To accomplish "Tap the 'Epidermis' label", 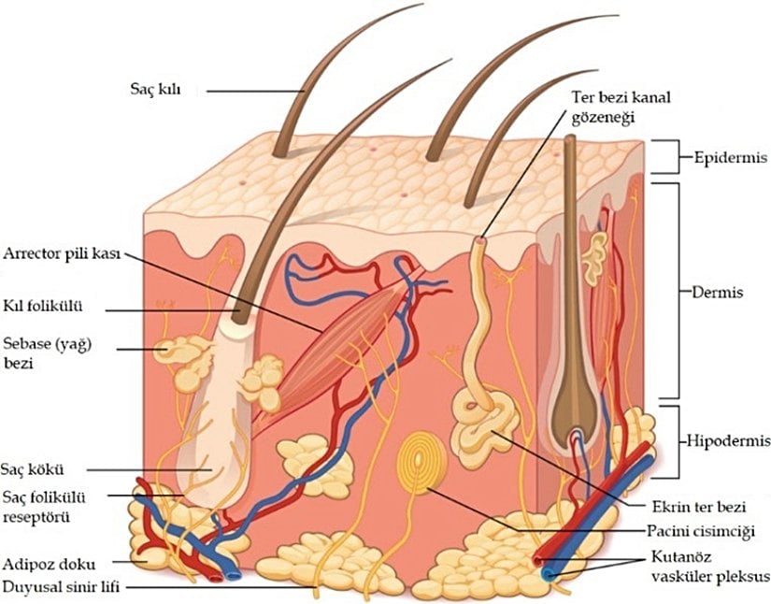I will pos(723,157).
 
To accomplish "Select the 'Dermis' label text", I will pos(719,292).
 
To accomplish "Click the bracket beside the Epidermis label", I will pos(664,157).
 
